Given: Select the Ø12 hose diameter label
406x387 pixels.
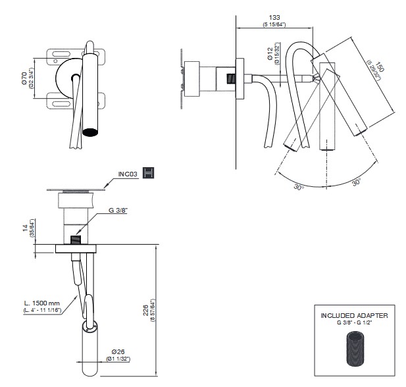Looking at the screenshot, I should pos(270,58).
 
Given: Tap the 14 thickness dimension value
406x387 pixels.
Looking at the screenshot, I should pos(24,228).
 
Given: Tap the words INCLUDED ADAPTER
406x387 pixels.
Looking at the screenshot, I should pos(354,316).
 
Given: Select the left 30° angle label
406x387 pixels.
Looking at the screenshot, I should pos(299,187).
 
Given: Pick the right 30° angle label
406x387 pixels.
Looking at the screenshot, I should pos(356,181).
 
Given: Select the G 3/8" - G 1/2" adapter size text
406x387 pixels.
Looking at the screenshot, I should pos(354,323).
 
